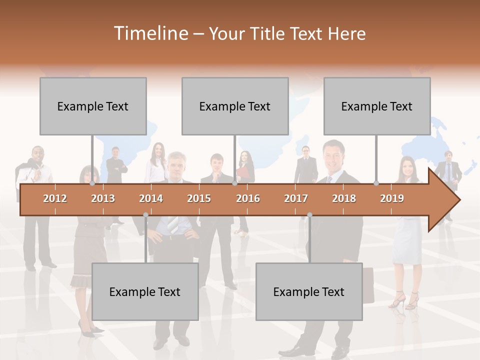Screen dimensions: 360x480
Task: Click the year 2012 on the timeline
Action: [55, 198]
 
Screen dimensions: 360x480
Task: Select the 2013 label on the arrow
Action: [103, 198]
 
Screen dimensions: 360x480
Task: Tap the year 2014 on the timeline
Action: [151, 198]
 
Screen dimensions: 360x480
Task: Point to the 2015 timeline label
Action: [199, 198]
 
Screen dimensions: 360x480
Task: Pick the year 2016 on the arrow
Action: [248, 198]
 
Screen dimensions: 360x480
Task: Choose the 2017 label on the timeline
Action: [296, 198]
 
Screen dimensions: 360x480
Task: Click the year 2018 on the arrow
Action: [344, 198]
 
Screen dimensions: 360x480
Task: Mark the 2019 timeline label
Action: [392, 198]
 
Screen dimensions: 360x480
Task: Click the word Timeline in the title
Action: [150, 33]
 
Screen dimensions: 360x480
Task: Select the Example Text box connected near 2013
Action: [93, 106]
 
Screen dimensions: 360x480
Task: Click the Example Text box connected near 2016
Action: [235, 106]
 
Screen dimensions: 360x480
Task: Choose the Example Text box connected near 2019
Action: [377, 106]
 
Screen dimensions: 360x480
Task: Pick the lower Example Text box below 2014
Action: [145, 291]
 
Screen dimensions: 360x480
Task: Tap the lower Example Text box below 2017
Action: [309, 291]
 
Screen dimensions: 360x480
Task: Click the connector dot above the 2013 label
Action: [92, 183]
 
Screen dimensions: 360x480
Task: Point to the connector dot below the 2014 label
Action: [145, 215]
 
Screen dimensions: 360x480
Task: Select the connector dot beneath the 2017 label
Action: [309, 215]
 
